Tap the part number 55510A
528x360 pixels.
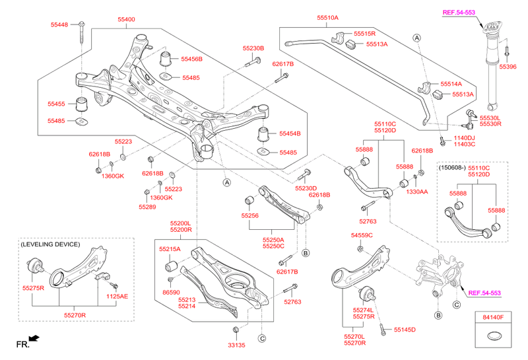(x=327, y=18)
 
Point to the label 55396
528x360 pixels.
(x=508, y=67)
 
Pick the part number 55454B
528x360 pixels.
(x=290, y=133)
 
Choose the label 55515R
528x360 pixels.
(x=364, y=34)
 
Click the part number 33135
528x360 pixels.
(x=236, y=345)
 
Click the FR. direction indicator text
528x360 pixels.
(x=23, y=344)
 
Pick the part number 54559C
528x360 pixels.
(x=362, y=235)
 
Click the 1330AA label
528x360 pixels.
(x=417, y=191)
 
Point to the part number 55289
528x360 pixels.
(x=148, y=207)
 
